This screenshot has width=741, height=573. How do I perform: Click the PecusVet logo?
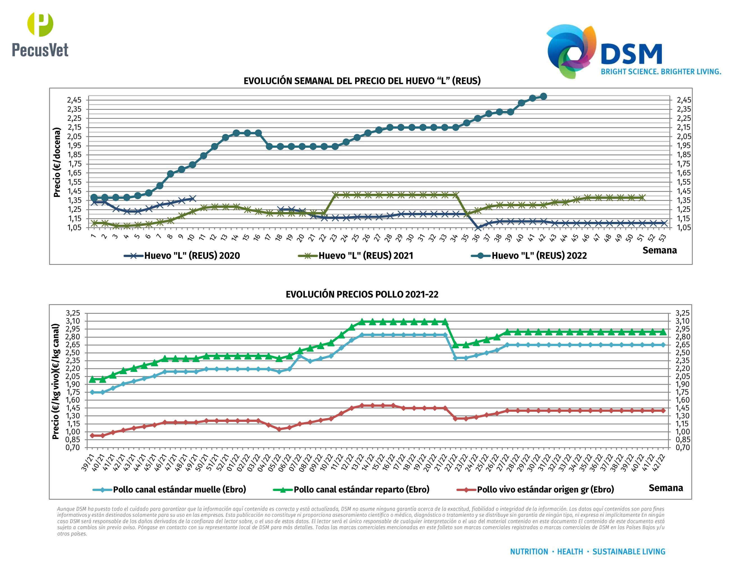(x=40, y=35)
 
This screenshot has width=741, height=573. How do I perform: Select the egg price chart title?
(x=362, y=81)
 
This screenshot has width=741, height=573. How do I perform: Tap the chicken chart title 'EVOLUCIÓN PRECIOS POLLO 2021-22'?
(x=362, y=294)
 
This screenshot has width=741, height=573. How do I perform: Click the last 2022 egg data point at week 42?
(x=543, y=96)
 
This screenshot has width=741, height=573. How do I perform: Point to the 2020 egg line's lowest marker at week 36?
(x=477, y=228)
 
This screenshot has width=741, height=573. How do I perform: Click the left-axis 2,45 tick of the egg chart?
(x=74, y=100)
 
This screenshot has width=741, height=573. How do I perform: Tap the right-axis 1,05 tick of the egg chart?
(x=684, y=228)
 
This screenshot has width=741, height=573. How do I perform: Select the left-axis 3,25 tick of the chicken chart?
(x=73, y=313)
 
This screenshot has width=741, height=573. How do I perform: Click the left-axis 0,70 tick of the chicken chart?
(x=73, y=447)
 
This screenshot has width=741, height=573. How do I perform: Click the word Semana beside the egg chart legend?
(x=659, y=250)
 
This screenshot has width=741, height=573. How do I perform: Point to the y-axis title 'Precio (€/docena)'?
(x=57, y=162)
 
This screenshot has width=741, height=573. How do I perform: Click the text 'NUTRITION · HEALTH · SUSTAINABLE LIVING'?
(x=587, y=552)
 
